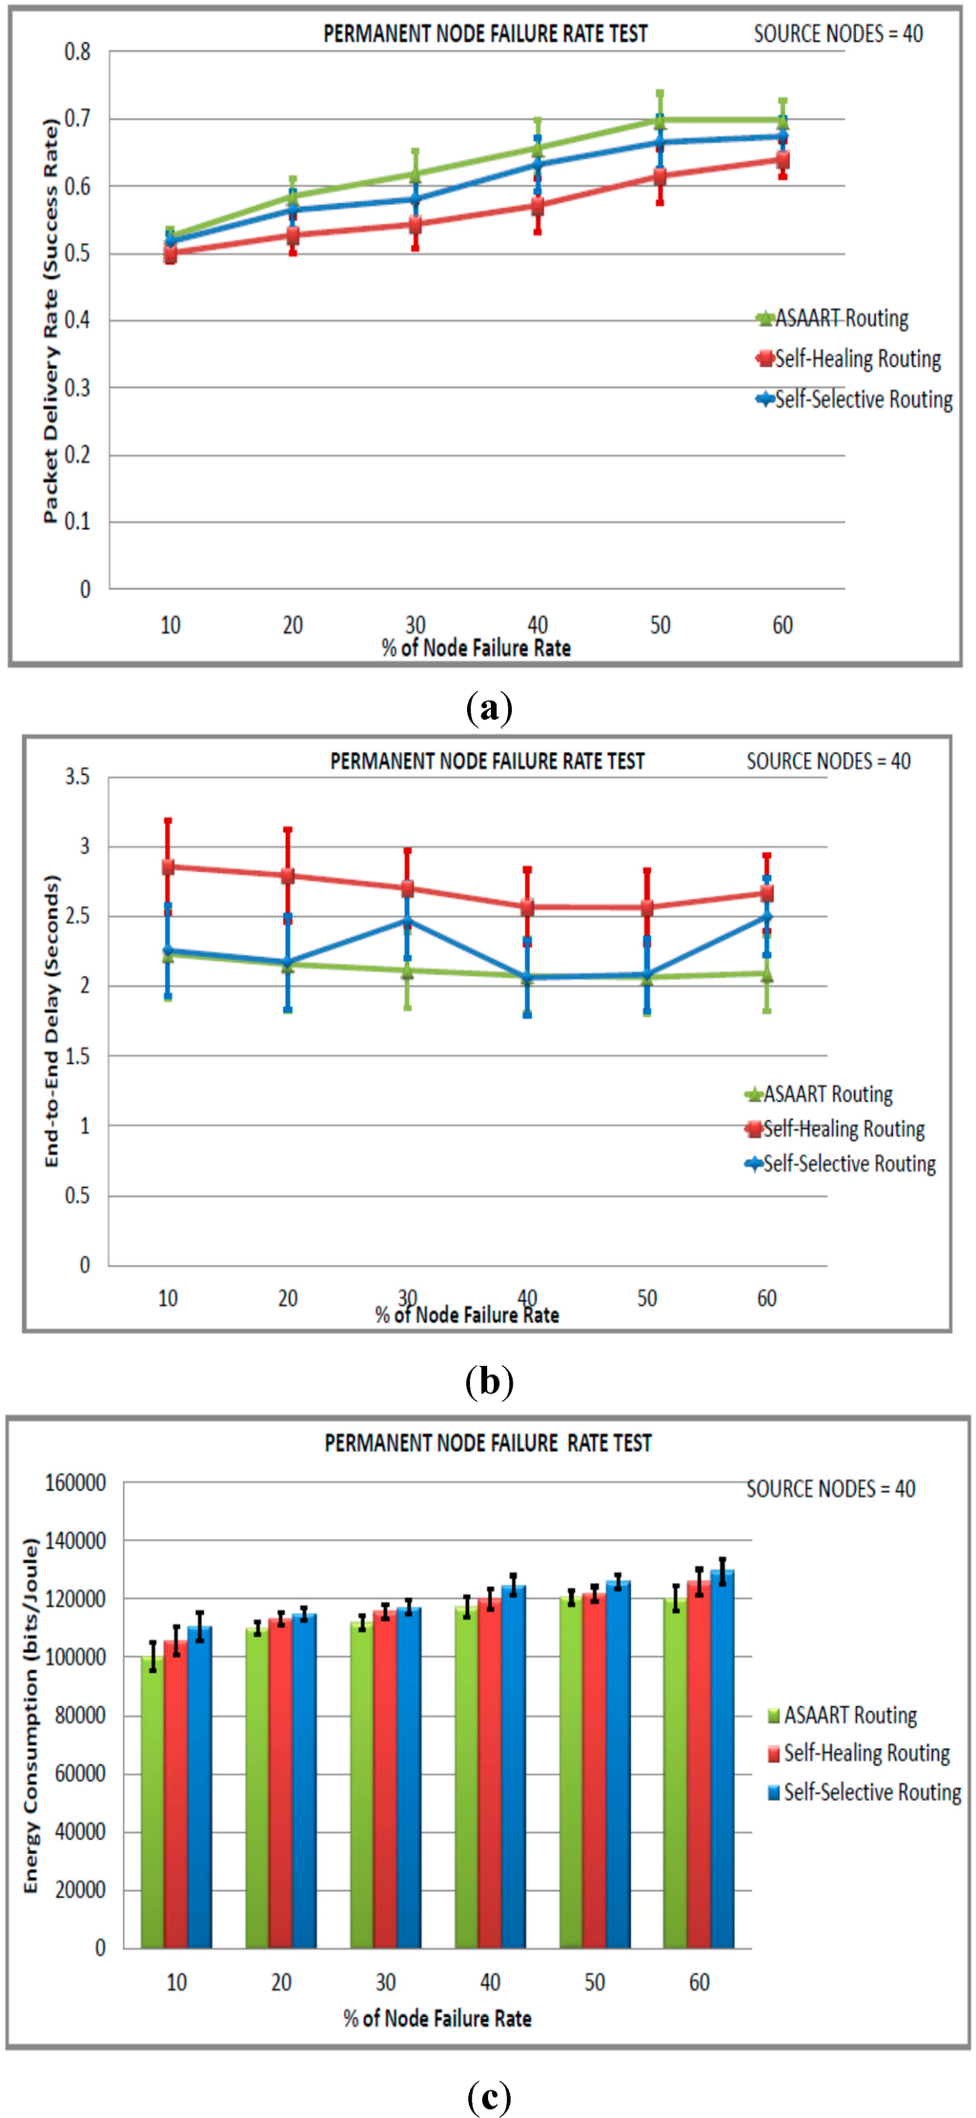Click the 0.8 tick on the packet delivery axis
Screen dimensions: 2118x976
(78, 52)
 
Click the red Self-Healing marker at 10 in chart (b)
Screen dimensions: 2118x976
(168, 866)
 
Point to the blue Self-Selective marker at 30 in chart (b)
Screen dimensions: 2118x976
(407, 921)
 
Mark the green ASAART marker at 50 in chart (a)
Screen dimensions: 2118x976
(660, 120)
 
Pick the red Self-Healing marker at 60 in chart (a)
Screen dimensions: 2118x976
(783, 159)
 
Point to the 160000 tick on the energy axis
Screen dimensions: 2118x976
(75, 1483)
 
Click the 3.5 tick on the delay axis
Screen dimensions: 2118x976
(77, 778)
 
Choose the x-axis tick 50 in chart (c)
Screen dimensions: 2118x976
(595, 1983)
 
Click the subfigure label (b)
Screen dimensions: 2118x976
(489, 1381)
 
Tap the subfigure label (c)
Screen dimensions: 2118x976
(489, 2096)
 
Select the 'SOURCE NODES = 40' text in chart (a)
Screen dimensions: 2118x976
(838, 34)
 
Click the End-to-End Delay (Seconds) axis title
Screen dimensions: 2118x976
(51, 1021)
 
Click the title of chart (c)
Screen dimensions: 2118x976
(488, 1443)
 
